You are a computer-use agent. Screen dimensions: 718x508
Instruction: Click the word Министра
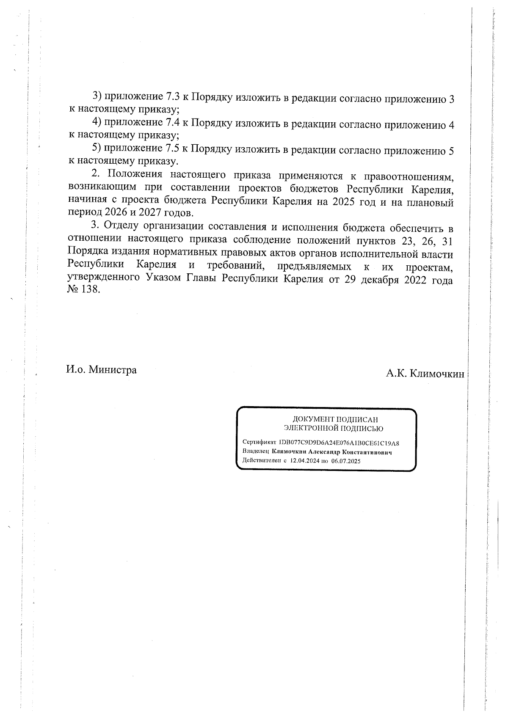click(113, 370)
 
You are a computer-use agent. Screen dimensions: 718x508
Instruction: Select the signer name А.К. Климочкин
click(425, 374)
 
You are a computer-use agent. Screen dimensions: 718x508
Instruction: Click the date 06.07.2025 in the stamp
click(346, 462)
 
